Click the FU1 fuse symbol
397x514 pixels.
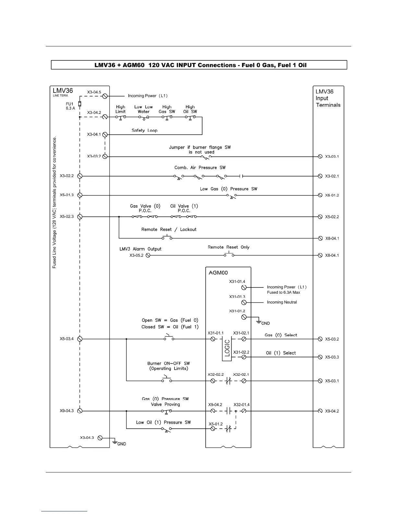80,104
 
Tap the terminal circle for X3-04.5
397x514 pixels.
105,96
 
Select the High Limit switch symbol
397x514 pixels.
121,117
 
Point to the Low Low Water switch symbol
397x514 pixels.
144,117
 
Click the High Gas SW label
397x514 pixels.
167,109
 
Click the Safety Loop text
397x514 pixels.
144,130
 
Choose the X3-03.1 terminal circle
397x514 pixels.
320,156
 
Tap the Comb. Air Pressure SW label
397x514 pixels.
200,167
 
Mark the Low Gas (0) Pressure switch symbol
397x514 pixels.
232,196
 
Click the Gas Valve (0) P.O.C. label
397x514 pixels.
145,208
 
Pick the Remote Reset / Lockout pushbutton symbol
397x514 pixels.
167,238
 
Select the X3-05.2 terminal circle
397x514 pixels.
148,255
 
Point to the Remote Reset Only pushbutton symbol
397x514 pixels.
229,255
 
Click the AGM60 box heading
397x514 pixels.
218,273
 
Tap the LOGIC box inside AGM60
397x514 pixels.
227,348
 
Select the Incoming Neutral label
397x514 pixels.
282,302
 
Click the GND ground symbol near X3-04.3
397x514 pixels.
114,442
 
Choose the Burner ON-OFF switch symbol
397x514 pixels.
167,380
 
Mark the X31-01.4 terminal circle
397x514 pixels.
244,287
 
